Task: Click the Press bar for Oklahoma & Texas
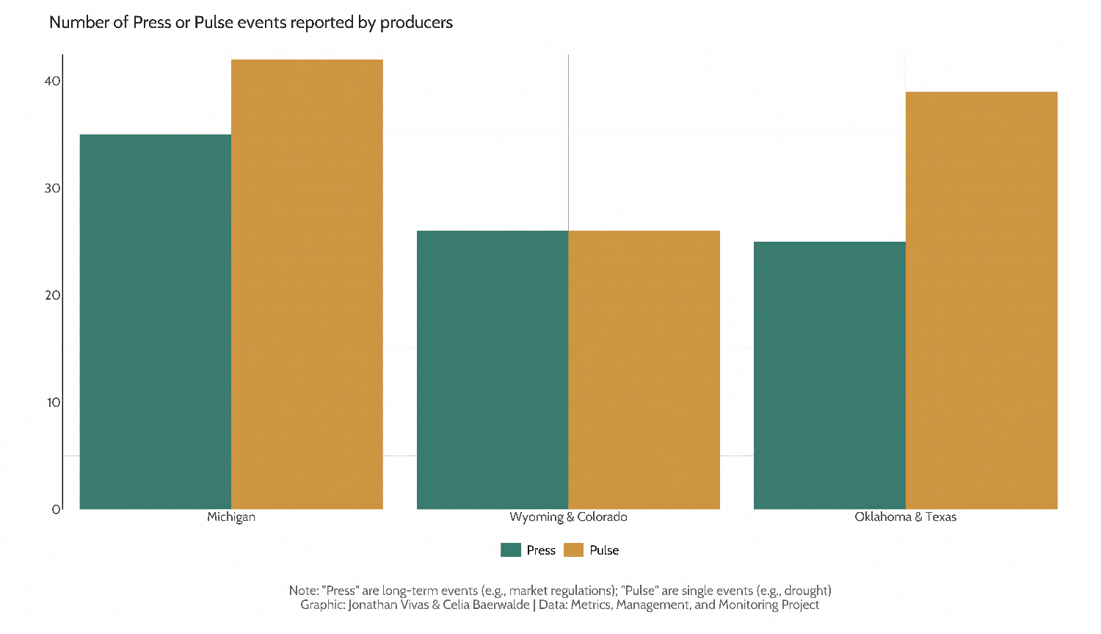pos(829,375)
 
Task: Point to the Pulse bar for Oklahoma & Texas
pos(981,300)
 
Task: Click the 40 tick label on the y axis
pos(52,81)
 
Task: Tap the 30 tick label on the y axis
pos(52,188)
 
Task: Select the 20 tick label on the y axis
pos(52,295)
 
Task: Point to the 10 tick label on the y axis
pos(53,403)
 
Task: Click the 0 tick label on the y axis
pos(56,509)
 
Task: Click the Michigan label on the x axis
pos(231,517)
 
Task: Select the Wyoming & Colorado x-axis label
pos(568,517)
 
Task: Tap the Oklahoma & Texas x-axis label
pos(905,517)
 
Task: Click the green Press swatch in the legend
pos(511,550)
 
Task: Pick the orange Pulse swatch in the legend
pos(573,550)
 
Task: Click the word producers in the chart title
pos(416,23)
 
